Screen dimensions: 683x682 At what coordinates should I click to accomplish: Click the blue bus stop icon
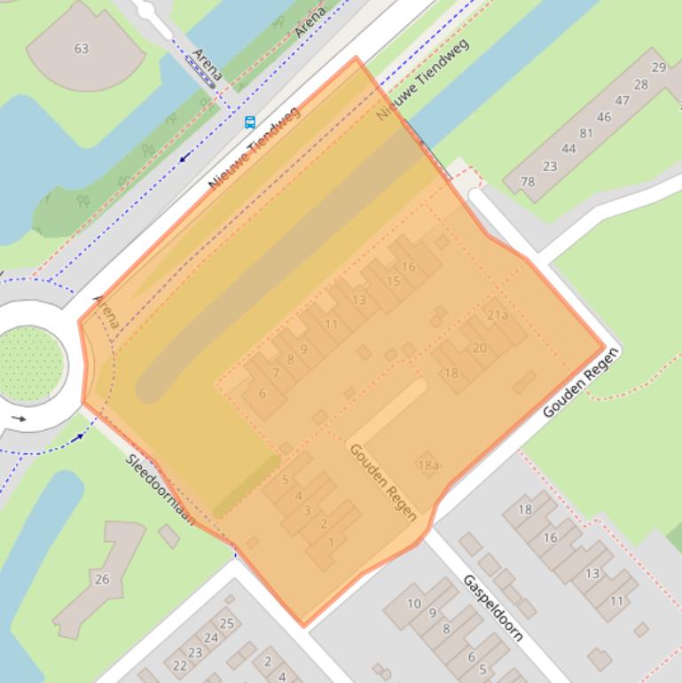(x=249, y=122)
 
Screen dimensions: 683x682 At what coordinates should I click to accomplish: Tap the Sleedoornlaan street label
(x=160, y=489)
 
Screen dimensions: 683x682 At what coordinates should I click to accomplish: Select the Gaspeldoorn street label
(x=493, y=608)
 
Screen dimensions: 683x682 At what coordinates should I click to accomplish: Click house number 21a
(x=498, y=315)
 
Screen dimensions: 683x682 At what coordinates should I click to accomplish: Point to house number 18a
(x=427, y=465)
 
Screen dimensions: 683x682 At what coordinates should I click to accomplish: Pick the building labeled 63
(x=82, y=48)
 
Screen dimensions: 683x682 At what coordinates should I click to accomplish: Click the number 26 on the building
(x=102, y=579)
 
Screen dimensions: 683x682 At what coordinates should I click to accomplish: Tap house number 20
(x=479, y=348)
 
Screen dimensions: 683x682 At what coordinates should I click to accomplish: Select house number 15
(x=393, y=281)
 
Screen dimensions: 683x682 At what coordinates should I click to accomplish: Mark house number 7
(x=276, y=373)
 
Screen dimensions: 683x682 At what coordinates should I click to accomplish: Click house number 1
(x=331, y=542)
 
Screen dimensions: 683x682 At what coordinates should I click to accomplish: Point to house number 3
(x=308, y=510)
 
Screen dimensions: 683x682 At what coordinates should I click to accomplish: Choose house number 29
(x=658, y=67)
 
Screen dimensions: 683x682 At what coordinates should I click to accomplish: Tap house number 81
(x=585, y=133)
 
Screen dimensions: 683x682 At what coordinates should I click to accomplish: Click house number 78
(x=528, y=182)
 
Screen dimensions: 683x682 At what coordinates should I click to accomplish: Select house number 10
(x=414, y=604)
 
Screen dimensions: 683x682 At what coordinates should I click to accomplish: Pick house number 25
(x=227, y=624)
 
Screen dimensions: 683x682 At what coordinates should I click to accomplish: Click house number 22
(x=180, y=665)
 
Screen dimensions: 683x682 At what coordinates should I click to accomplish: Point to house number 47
(x=622, y=100)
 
